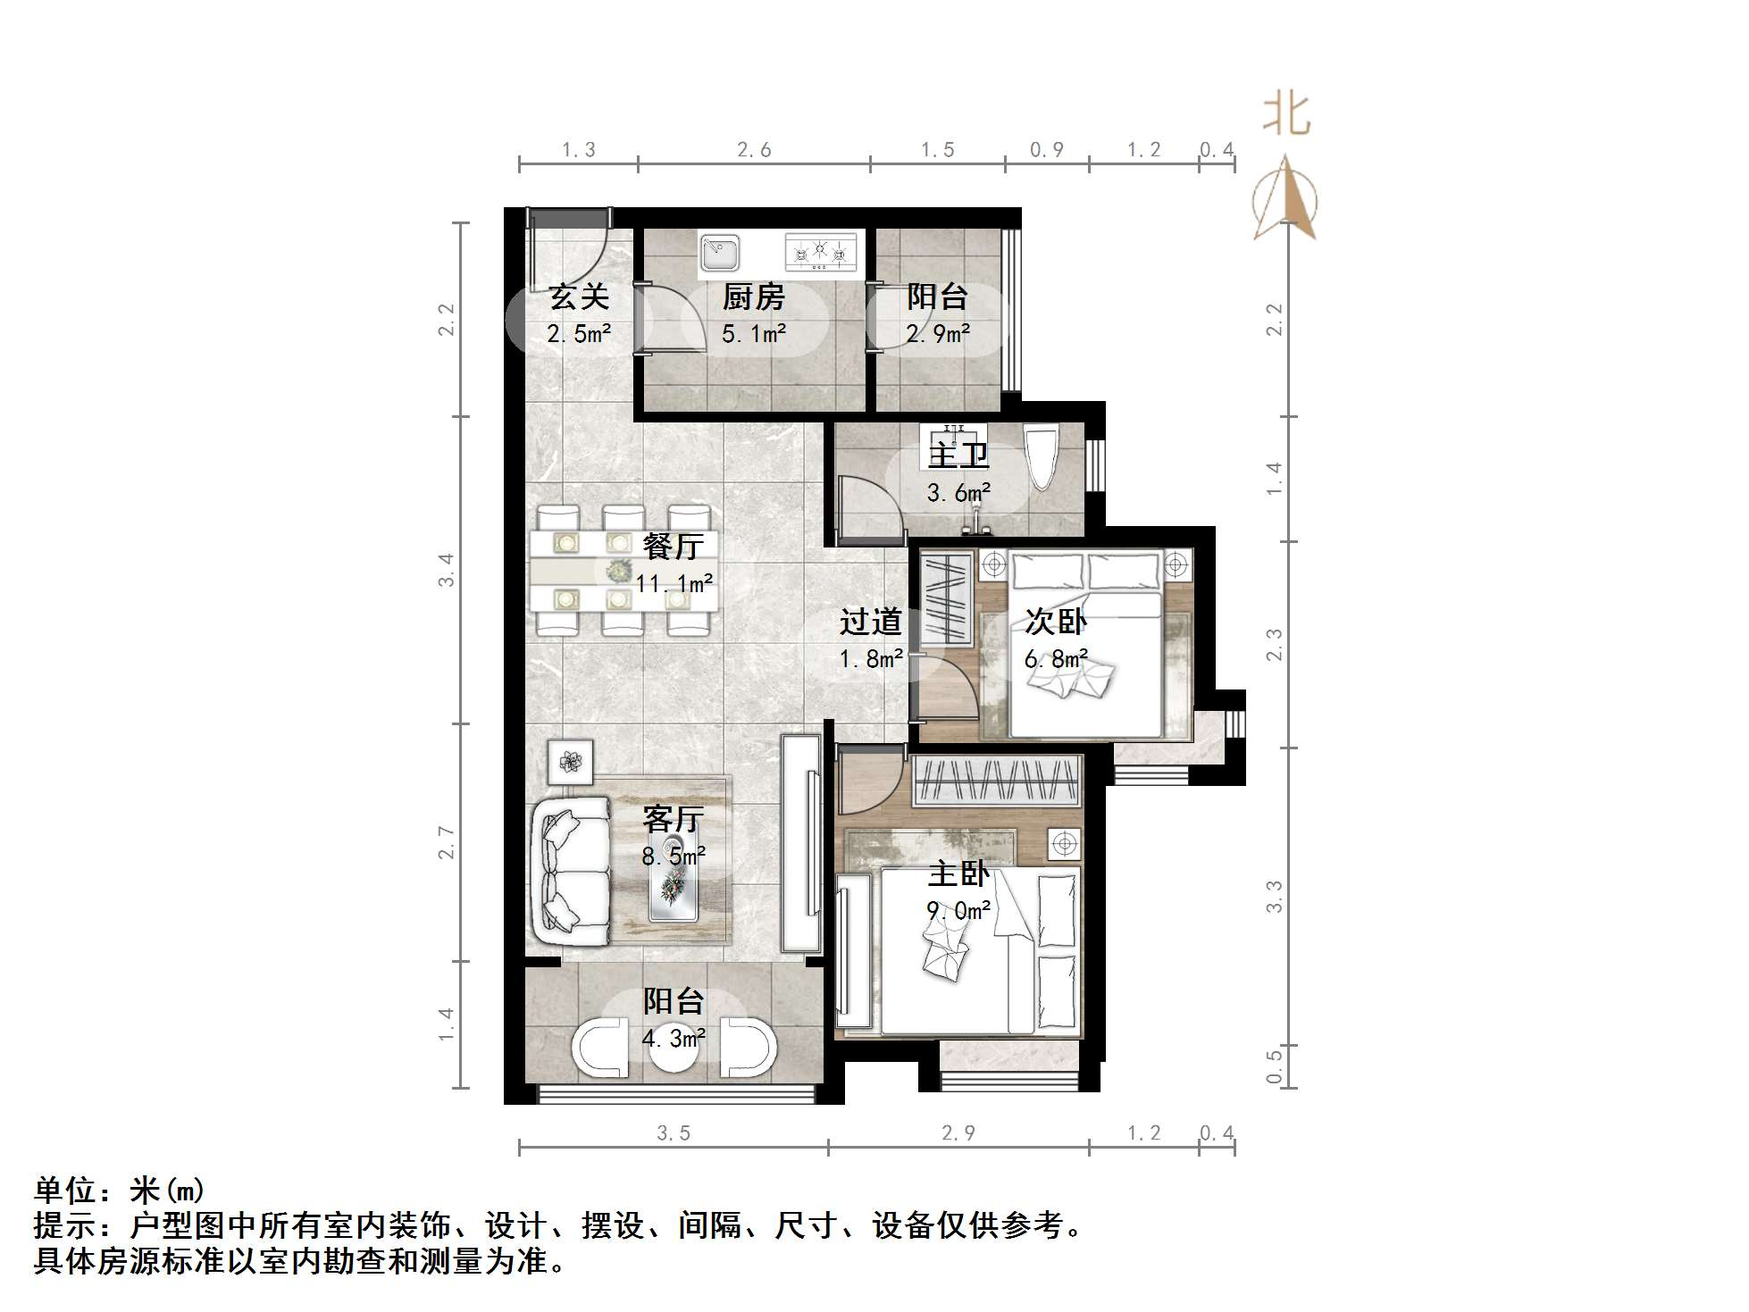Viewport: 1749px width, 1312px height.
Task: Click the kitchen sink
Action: pos(719,252)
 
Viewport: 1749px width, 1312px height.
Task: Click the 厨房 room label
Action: pos(753,297)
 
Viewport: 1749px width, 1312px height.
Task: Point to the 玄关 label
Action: pos(579,297)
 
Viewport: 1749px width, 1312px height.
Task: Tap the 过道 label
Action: pos(870,622)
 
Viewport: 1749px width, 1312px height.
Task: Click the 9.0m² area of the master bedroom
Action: pos(958,911)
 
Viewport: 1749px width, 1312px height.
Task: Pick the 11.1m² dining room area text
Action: pos(674,584)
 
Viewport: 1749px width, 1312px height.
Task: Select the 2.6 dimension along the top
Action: pos(754,150)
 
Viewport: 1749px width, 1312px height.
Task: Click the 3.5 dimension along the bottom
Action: pos(674,1133)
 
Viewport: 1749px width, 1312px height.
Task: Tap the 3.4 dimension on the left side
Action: pos(447,570)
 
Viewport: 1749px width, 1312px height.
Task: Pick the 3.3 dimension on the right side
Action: pos(1275,896)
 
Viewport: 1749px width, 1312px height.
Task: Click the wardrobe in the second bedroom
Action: pos(946,598)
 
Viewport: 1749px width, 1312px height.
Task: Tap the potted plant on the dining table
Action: pos(617,570)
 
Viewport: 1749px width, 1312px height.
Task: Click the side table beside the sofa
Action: pos(570,762)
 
